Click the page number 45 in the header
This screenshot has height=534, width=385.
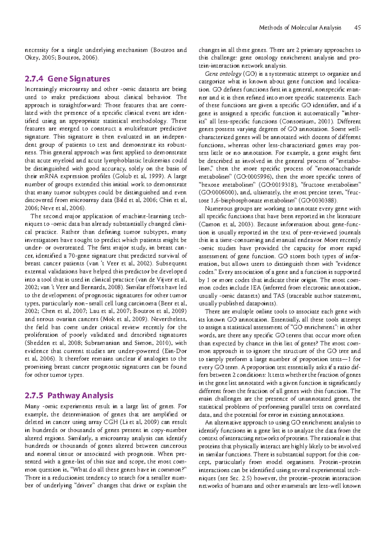tap(357, 28)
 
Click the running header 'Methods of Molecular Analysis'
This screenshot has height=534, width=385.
tap(300, 28)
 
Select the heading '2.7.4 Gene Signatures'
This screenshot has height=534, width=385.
tap(67, 79)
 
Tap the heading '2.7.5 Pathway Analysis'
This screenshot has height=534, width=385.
tap(69, 395)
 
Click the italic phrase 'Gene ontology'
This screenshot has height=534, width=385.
tap(223, 74)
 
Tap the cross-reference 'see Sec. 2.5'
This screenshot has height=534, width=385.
tap(237, 478)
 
